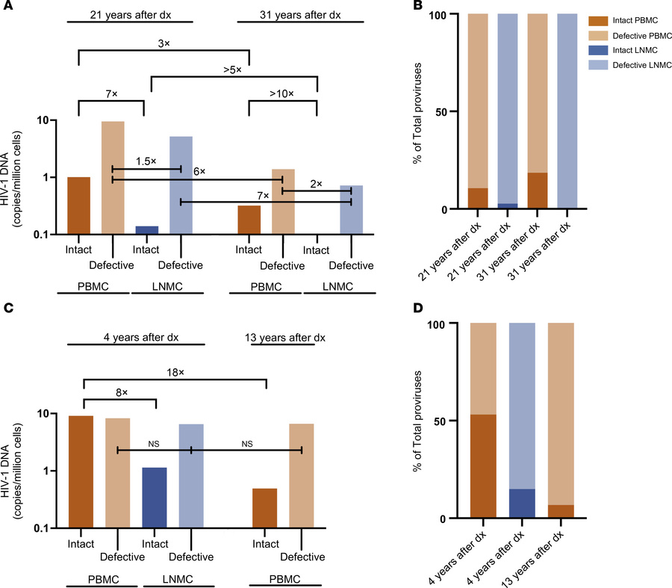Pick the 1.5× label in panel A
point(146,161)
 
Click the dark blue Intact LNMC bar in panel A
point(147,230)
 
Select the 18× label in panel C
point(175,367)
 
